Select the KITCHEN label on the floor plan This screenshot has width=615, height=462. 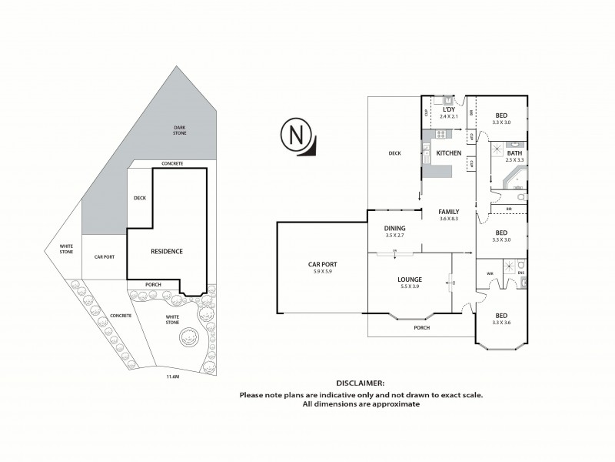448,154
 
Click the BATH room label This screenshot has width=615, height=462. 514,154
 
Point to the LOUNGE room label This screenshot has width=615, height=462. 411,279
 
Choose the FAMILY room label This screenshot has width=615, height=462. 449,212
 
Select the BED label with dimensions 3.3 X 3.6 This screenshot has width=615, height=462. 501,316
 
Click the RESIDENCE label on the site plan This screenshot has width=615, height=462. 166,251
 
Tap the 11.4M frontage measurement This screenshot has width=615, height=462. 173,377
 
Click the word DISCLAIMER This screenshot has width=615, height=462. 361,383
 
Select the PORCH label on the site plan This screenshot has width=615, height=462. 152,284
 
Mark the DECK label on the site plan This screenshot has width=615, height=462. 140,198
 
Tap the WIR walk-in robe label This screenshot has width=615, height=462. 490,273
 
